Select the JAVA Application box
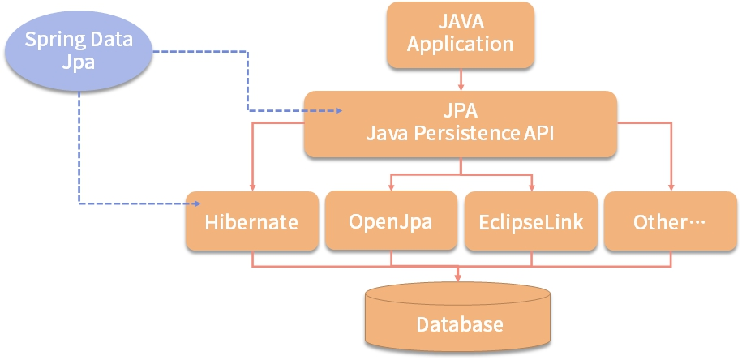point(460,34)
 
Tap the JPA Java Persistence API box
point(460,123)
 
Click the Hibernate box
point(251,221)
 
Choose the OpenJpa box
point(390,221)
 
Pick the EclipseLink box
point(530,221)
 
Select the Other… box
point(670,221)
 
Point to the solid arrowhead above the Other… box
point(671,187)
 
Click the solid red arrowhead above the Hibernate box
point(251,187)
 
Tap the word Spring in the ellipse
point(51,39)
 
